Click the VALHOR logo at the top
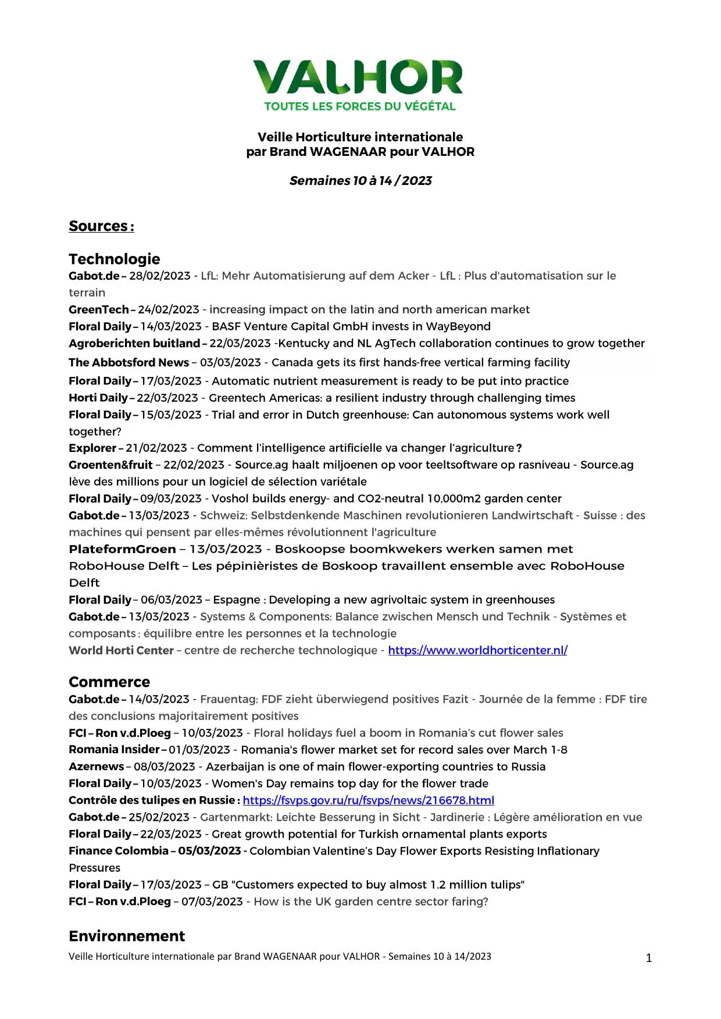[x=359, y=77]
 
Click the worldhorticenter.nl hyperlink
[x=477, y=650]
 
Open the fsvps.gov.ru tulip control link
[x=368, y=800]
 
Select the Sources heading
[x=101, y=226]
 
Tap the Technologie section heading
[x=114, y=259]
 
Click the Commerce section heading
[x=109, y=682]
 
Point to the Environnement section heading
[x=127, y=936]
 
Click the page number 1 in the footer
[x=649, y=958]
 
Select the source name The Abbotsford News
[x=129, y=362]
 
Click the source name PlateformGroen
[x=122, y=549]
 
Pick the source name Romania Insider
[x=114, y=750]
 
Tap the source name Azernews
[x=97, y=767]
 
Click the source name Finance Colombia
[x=119, y=851]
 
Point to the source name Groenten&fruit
[x=110, y=465]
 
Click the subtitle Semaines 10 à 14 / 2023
[x=360, y=181]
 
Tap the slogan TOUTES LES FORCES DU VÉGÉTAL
[x=360, y=106]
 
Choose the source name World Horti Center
[x=121, y=650]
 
